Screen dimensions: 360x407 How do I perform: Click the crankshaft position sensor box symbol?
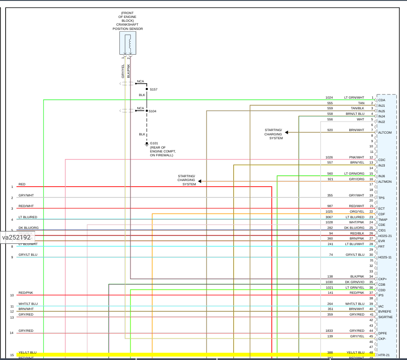128,43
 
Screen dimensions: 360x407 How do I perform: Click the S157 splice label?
153,90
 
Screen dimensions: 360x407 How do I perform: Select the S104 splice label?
153,111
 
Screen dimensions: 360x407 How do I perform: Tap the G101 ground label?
154,143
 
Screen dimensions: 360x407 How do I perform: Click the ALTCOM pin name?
385,132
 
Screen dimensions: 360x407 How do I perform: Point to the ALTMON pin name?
385,181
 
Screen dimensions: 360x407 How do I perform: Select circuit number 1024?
329,98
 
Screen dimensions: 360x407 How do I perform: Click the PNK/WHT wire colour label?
357,158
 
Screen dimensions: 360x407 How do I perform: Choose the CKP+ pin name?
382,279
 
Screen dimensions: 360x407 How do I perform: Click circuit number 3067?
329,217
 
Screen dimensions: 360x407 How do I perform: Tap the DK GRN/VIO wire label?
355,282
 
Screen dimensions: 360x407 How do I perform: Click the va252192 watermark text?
16,237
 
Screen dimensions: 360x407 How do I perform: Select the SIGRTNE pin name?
385,317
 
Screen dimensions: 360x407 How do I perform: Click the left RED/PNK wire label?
26,293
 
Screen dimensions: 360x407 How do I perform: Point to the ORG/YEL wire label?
357,211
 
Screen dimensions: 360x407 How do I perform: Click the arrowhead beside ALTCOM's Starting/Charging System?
286,132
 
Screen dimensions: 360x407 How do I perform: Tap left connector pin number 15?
12,355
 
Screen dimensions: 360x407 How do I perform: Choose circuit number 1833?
329,331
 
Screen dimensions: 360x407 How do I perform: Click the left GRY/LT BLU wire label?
28,255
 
